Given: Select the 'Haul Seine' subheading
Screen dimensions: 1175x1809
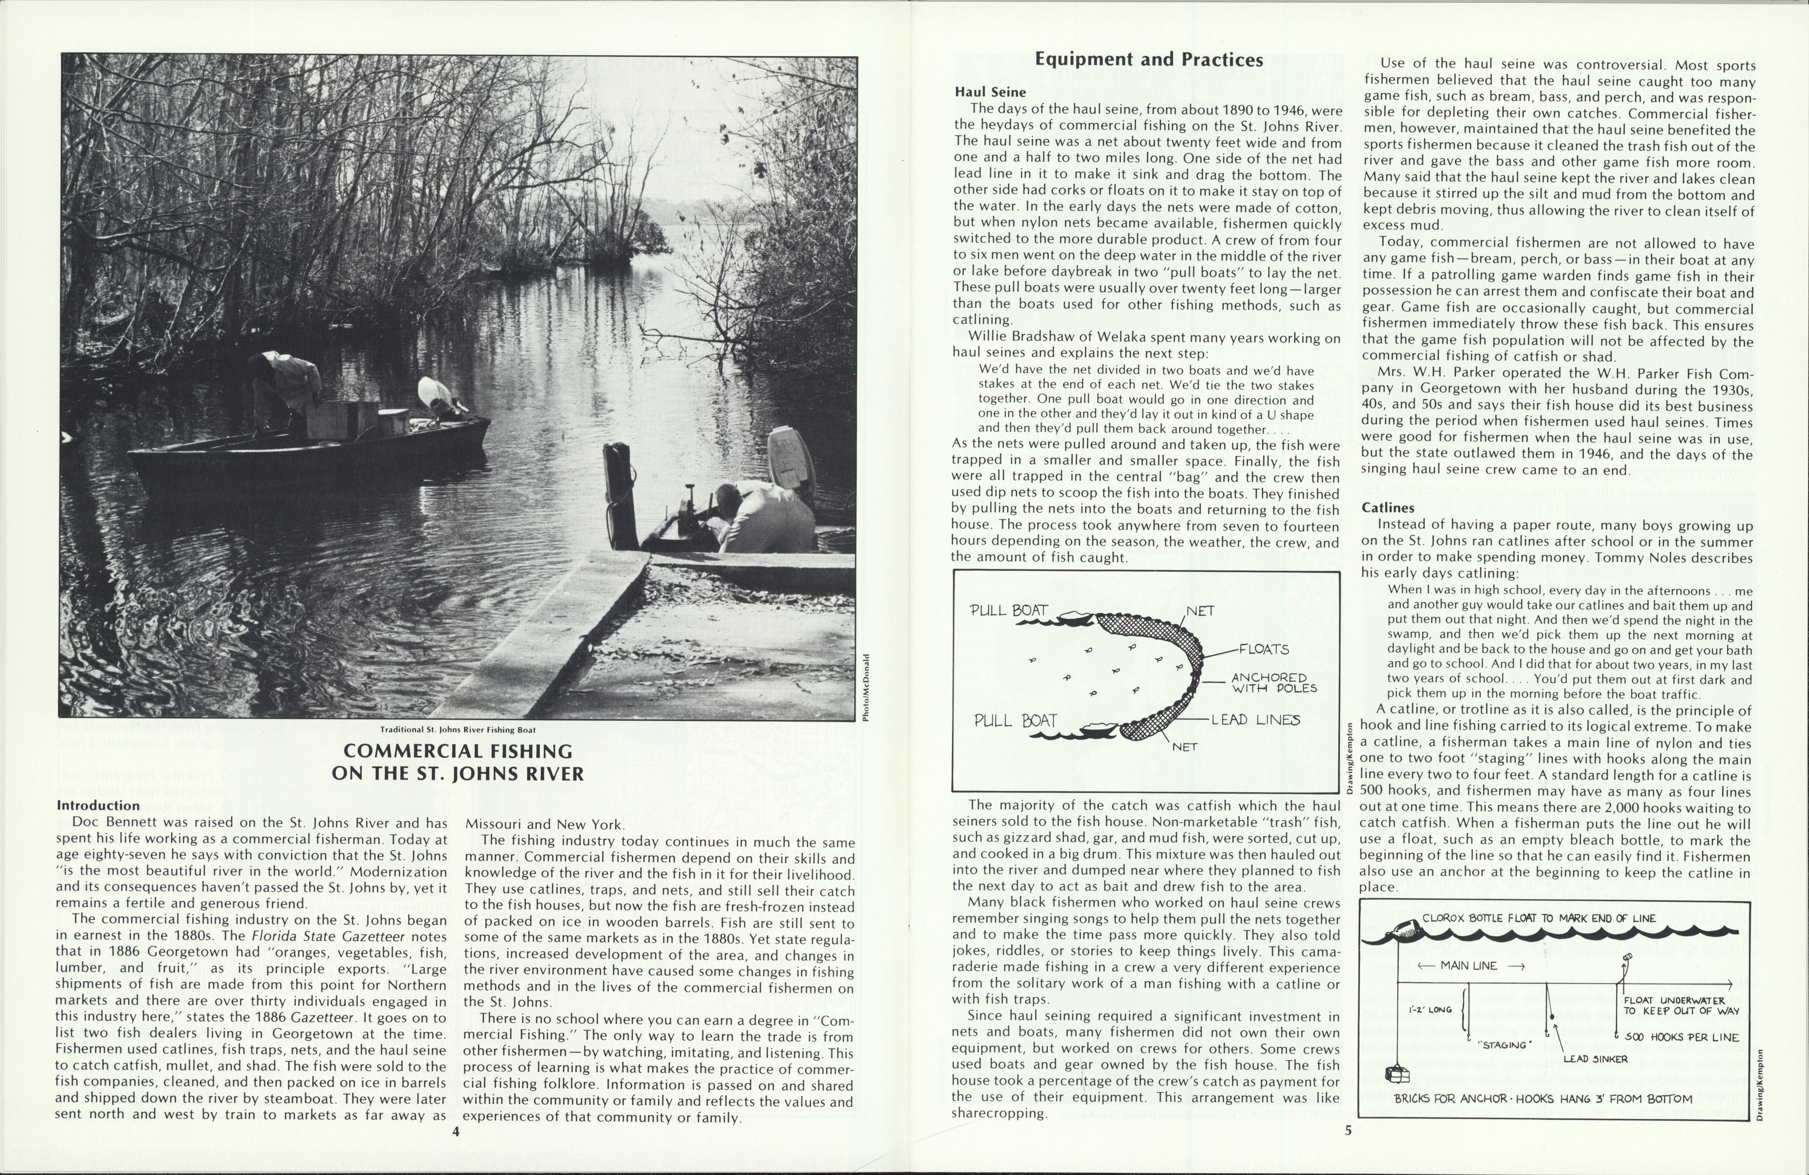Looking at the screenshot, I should coord(990,92).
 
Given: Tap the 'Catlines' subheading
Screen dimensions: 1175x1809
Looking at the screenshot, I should coord(1388,507).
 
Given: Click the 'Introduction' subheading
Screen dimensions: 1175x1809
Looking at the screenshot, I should coord(98,805).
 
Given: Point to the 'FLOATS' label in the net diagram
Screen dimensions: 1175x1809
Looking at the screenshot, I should coord(1264,649).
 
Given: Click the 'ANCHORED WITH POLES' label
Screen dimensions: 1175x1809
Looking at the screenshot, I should coord(1274,682).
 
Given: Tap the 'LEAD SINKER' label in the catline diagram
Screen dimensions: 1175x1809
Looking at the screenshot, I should coord(1596,1059).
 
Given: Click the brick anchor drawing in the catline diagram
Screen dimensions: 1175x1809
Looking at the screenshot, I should coord(1397,1074).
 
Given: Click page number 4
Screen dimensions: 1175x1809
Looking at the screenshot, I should coord(455,1131).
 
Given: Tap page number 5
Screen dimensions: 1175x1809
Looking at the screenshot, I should coord(1349,1130).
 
